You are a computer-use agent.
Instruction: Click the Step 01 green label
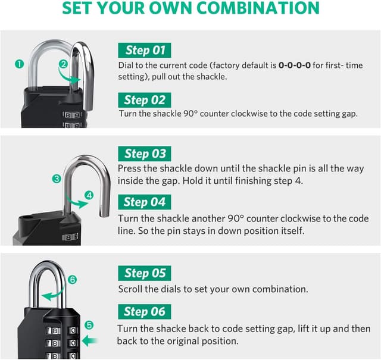point(145,50)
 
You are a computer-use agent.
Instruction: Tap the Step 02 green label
point(145,100)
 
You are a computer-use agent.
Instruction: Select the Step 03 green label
point(145,154)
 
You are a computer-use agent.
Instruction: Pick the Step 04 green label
point(145,202)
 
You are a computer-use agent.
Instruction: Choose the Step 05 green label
point(145,273)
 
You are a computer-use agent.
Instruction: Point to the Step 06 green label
point(145,311)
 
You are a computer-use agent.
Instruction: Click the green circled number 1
point(19,64)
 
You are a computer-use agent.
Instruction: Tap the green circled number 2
point(63,64)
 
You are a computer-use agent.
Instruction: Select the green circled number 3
point(57,179)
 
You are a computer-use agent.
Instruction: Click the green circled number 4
point(89,195)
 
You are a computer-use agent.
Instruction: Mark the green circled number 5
point(89,325)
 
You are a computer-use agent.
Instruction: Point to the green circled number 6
point(73,279)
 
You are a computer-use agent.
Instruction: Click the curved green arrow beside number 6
point(54,291)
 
